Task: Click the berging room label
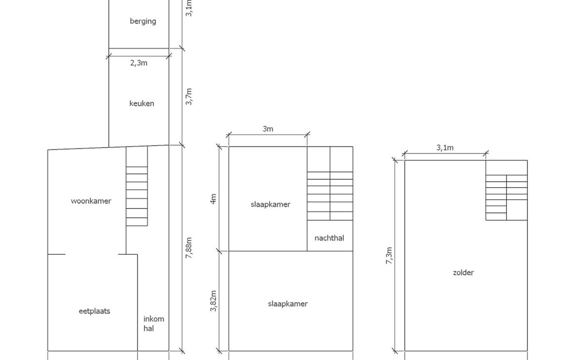pyautogui.click(x=143, y=21)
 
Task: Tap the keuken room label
pyautogui.click(x=142, y=103)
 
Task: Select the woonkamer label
pyautogui.click(x=91, y=201)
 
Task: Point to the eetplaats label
pyautogui.click(x=94, y=311)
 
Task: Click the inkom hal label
pyautogui.click(x=153, y=324)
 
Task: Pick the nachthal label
pyautogui.click(x=330, y=238)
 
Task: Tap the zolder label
pyautogui.click(x=463, y=272)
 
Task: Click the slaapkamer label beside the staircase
pyautogui.click(x=271, y=205)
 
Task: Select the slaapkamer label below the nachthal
pyautogui.click(x=287, y=304)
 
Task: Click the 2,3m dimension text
pyautogui.click(x=139, y=63)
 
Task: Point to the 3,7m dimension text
pyautogui.click(x=189, y=97)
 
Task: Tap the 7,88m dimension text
pyautogui.click(x=189, y=248)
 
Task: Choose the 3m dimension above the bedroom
pyautogui.click(x=268, y=129)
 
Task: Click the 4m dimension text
pyautogui.click(x=213, y=199)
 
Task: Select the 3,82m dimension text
pyautogui.click(x=213, y=301)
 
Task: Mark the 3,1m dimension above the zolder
pyautogui.click(x=445, y=148)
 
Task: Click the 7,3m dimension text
pyautogui.click(x=389, y=256)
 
